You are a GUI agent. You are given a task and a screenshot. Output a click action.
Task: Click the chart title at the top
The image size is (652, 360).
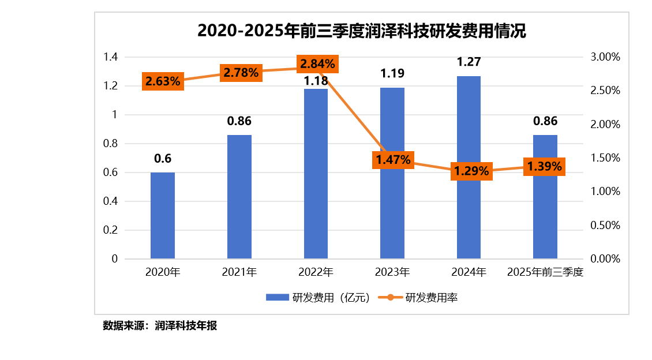(x=361, y=31)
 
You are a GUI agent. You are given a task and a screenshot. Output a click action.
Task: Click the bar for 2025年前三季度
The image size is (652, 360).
(x=545, y=213)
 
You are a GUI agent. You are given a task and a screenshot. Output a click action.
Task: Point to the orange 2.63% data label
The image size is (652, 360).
(x=163, y=81)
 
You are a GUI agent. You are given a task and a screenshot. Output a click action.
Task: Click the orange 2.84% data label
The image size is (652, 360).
(x=316, y=63)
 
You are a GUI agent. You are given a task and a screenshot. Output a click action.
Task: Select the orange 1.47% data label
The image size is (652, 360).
(x=393, y=160)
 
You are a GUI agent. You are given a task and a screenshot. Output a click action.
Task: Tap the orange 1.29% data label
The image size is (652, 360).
(x=471, y=171)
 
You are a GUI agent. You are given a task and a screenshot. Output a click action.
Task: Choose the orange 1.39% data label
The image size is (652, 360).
(x=544, y=166)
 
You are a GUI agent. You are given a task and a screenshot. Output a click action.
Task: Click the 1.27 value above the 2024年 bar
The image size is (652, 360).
(x=469, y=62)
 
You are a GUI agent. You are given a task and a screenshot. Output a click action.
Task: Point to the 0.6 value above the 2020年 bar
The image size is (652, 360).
(x=163, y=159)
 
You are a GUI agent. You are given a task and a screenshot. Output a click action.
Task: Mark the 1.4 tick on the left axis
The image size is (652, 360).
(x=110, y=57)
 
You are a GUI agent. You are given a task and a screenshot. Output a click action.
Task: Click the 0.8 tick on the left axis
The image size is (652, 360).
(x=110, y=144)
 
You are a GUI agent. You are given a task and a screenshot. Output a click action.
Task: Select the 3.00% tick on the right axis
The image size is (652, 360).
(x=605, y=57)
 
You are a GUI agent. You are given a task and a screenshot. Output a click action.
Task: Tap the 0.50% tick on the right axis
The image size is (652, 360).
(x=605, y=226)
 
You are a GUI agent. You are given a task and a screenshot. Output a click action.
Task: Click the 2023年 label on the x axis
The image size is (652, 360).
(x=392, y=272)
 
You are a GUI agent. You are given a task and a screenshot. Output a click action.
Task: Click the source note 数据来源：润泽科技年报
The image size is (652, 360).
(x=160, y=325)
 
